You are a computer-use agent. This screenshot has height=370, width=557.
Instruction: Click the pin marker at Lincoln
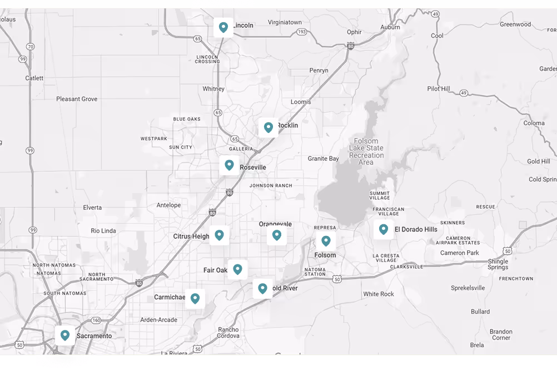(223, 27)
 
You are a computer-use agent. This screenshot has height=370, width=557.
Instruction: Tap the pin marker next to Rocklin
(268, 127)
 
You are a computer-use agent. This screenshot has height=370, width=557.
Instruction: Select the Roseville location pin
(229, 165)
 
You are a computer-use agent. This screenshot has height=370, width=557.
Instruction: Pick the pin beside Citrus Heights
(219, 235)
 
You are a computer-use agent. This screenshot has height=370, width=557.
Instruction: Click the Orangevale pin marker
(276, 235)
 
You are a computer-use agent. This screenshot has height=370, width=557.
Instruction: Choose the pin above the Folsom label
(326, 241)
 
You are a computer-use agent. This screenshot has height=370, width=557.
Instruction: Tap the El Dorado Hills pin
(383, 229)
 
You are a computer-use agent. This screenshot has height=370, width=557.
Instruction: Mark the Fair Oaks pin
(237, 269)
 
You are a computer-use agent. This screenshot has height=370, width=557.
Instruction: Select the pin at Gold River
(262, 289)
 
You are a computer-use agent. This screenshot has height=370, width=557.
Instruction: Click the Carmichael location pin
(195, 299)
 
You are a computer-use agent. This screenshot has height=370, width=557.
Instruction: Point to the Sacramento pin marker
(65, 336)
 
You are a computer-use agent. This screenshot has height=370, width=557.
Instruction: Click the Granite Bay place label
(323, 159)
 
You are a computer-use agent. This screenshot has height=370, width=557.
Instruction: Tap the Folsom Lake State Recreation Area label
(366, 152)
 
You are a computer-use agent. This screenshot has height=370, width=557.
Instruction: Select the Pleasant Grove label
(77, 99)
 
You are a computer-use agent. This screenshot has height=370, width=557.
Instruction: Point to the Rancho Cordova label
(228, 333)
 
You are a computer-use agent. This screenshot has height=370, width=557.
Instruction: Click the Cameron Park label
(459, 253)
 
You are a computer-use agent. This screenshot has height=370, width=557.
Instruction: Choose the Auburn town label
(390, 27)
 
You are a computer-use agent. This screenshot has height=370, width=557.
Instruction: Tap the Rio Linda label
(103, 231)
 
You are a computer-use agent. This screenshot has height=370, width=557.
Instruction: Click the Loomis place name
(301, 102)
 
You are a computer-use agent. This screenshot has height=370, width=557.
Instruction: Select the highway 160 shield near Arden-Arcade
(96, 320)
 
